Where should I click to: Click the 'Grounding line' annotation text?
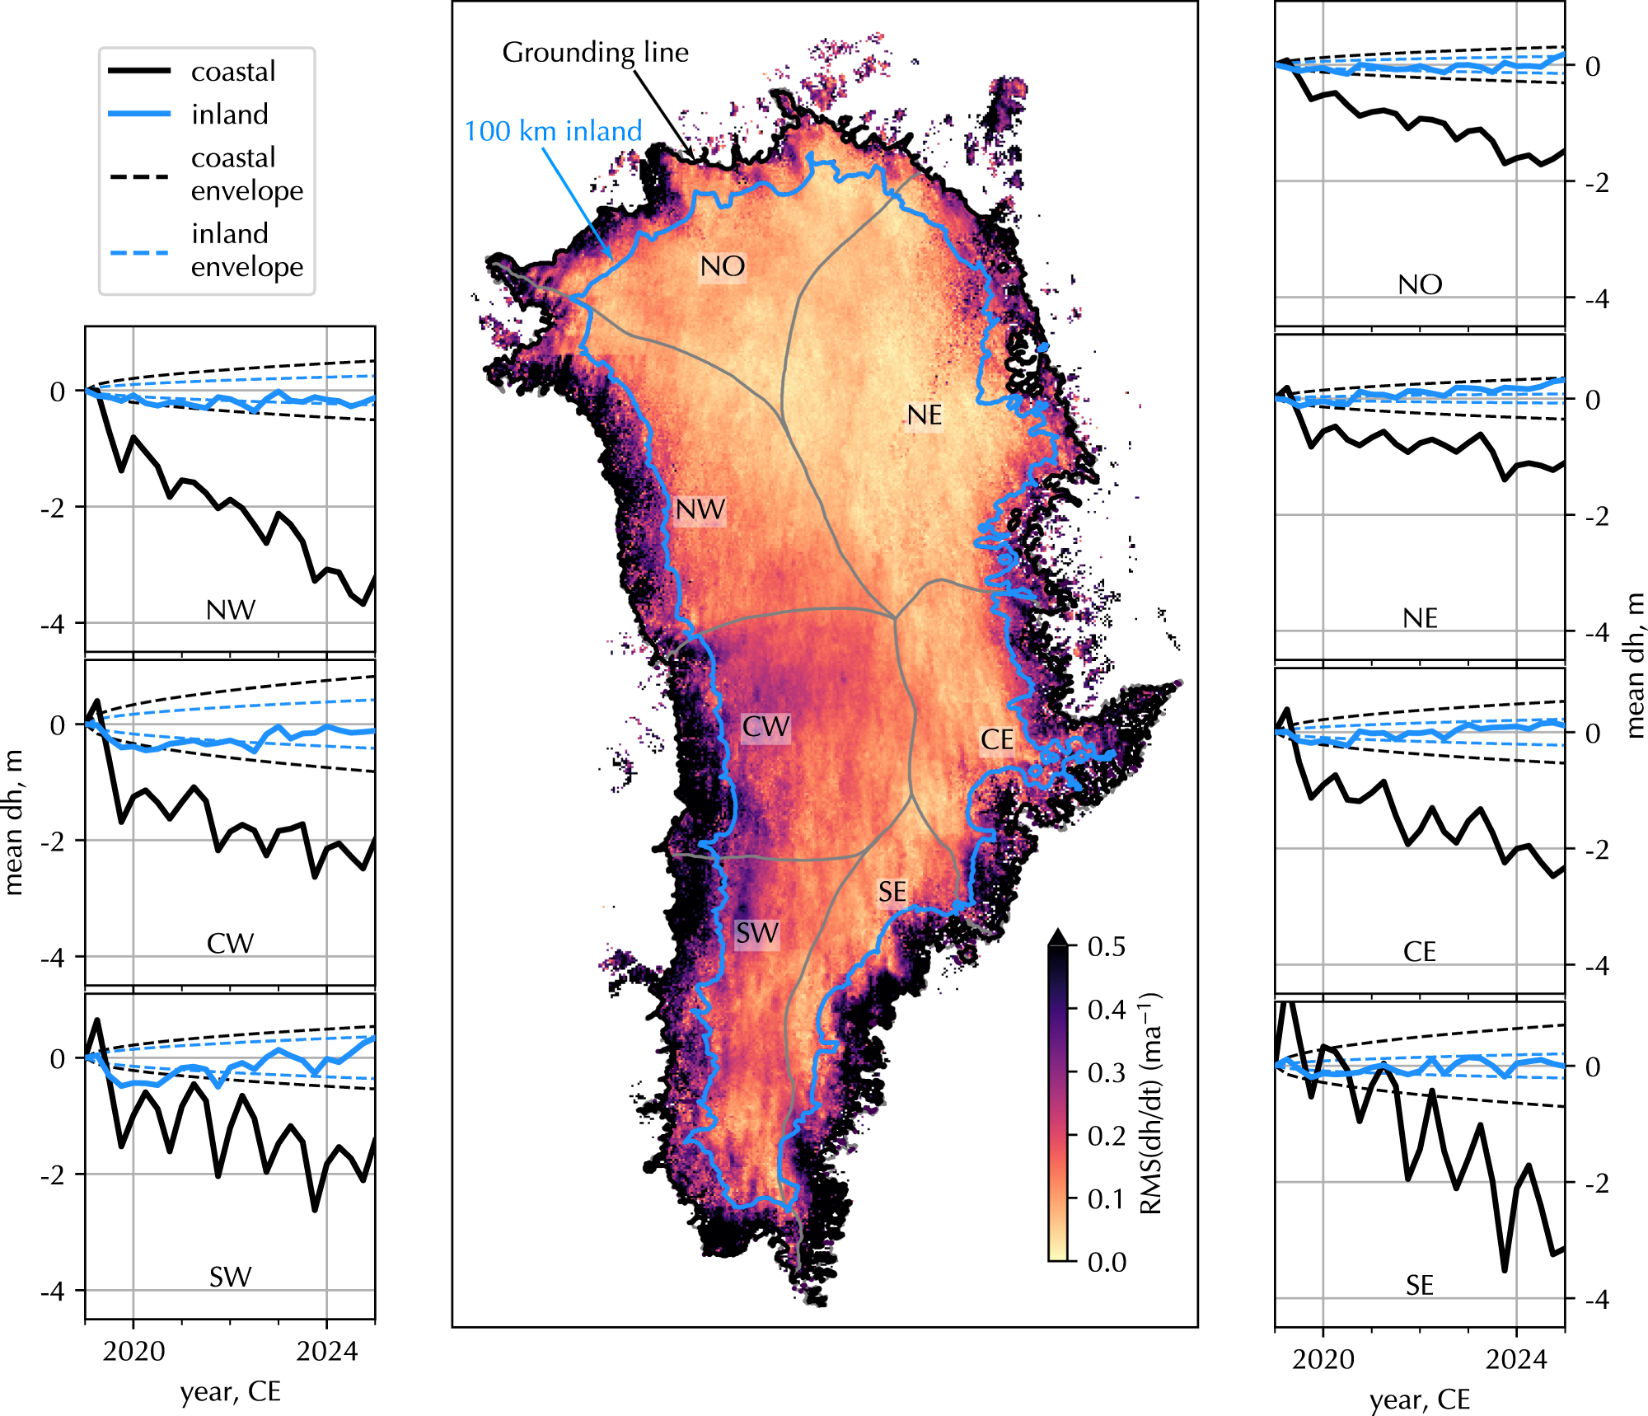(x=595, y=53)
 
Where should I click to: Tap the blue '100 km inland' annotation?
(x=553, y=131)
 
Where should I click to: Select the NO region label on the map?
(x=723, y=266)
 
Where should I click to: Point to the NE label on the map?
(x=925, y=415)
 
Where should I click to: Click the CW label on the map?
(x=766, y=727)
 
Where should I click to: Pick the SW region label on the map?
(x=757, y=934)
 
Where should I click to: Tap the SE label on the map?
(x=892, y=892)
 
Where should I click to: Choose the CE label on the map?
(x=997, y=740)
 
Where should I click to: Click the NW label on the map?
(x=700, y=510)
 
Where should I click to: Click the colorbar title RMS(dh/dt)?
(x=1150, y=1104)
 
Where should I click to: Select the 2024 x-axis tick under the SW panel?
(x=327, y=1352)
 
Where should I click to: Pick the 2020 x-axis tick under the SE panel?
(x=1323, y=1359)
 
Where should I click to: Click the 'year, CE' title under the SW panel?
(x=231, y=1392)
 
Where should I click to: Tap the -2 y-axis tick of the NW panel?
(x=53, y=508)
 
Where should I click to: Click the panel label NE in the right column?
(x=1420, y=618)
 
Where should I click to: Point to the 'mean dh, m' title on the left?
(x=14, y=823)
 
